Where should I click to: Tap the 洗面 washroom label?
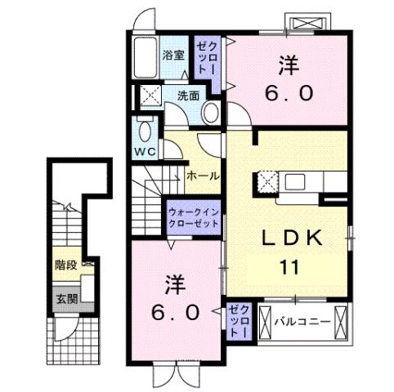click(x=189, y=96)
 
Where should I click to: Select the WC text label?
click(x=146, y=152)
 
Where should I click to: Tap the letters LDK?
click(x=293, y=238)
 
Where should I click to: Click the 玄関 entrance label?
click(x=67, y=298)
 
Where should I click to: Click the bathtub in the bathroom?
click(x=145, y=57)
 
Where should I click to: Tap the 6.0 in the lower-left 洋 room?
click(x=174, y=312)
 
